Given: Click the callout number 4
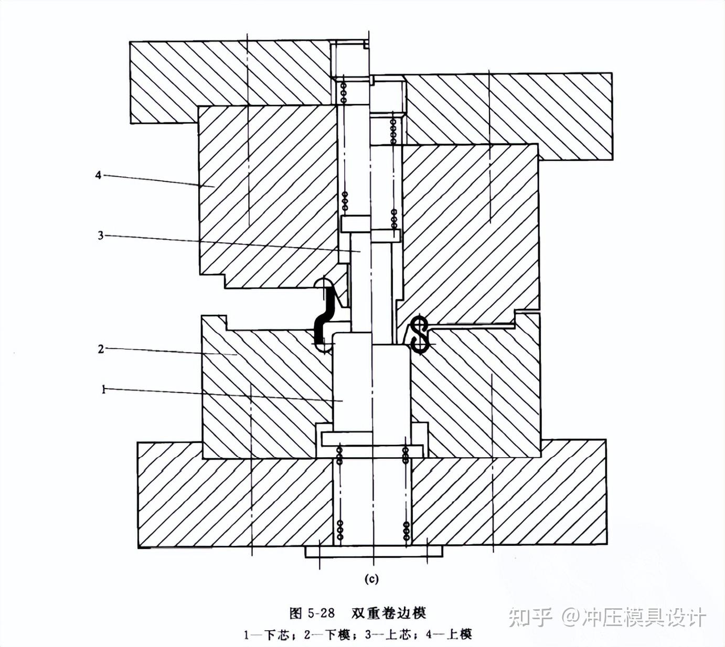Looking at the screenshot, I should [x=98, y=175].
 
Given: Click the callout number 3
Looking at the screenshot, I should [x=101, y=235].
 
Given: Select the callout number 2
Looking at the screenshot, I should [x=101, y=349].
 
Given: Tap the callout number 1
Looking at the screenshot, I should [x=103, y=389].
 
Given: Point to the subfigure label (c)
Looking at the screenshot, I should [x=371, y=579].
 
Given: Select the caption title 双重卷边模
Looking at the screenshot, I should [x=389, y=612].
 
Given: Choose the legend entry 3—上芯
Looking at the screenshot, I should [x=388, y=634].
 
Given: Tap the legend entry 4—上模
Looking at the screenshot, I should [x=449, y=634].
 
